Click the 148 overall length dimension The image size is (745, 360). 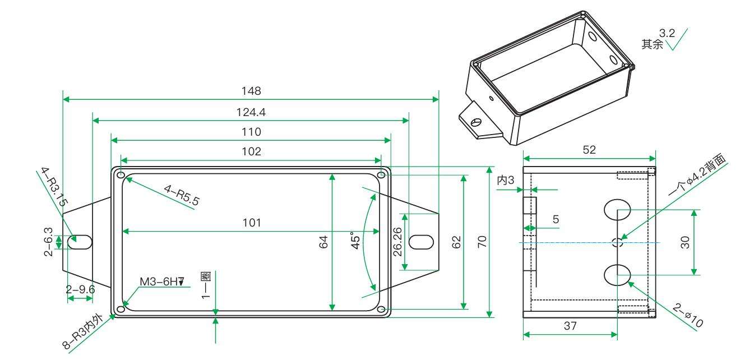pyautogui.click(x=251, y=91)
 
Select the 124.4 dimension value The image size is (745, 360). pyautogui.click(x=251, y=112)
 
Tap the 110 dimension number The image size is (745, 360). pyautogui.click(x=251, y=132)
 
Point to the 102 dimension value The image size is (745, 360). pyautogui.click(x=251, y=152)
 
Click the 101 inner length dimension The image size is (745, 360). pyautogui.click(x=252, y=223)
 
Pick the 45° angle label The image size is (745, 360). pyautogui.click(x=355, y=241)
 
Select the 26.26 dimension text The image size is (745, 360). pyautogui.click(x=397, y=242)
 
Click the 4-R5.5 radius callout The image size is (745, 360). pyautogui.click(x=182, y=195)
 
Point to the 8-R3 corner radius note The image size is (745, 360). pyautogui.click(x=83, y=331)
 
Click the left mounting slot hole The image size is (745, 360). pyautogui.click(x=80, y=242)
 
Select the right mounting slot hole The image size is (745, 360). pyautogui.click(x=421, y=242)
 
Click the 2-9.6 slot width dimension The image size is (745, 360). pyautogui.click(x=81, y=289)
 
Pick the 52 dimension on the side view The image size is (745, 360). pyautogui.click(x=589, y=150)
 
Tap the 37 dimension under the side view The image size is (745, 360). pyautogui.click(x=570, y=326)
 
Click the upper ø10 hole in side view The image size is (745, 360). pyautogui.click(x=617, y=210)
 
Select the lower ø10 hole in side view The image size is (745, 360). pyautogui.click(x=617, y=275)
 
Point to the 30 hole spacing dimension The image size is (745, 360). pyautogui.click(x=685, y=242)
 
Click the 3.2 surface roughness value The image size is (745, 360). pyautogui.click(x=667, y=33)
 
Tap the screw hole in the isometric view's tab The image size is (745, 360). pyautogui.click(x=476, y=122)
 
